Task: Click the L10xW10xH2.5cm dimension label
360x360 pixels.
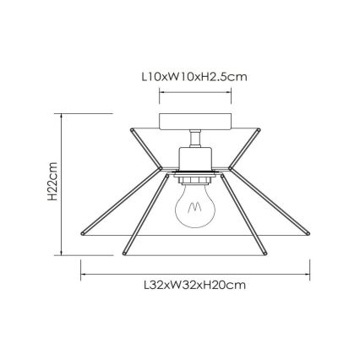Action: click(194, 77)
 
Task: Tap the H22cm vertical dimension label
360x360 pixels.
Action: click(52, 182)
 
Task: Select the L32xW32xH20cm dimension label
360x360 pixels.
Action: click(195, 285)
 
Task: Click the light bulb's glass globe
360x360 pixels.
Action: click(195, 205)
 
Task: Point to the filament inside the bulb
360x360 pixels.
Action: click(194, 208)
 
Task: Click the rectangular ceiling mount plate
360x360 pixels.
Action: click(195, 122)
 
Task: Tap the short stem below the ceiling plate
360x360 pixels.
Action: click(195, 139)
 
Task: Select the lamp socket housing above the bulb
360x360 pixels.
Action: click(195, 159)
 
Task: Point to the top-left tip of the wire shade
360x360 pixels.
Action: click(132, 129)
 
